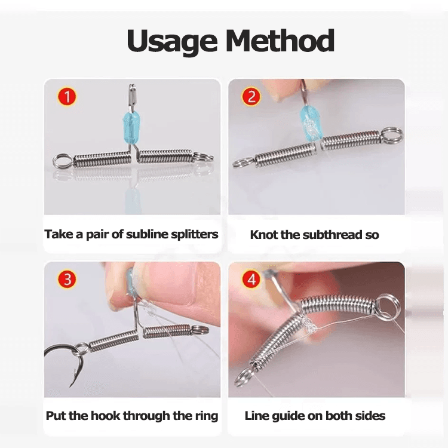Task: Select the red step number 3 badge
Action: click(x=67, y=278)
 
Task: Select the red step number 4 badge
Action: click(x=251, y=278)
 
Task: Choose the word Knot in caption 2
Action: click(x=263, y=235)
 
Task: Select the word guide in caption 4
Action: click(x=290, y=416)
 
